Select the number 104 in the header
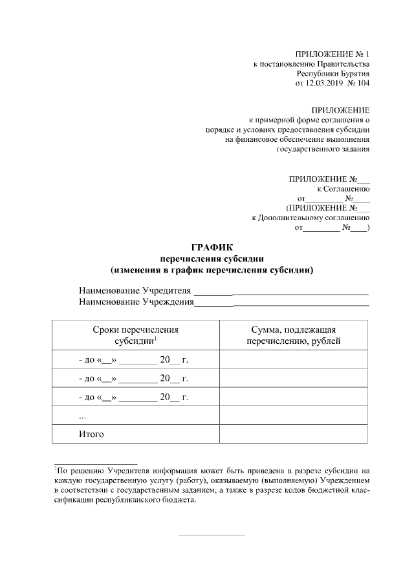click(363, 84)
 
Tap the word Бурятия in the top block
click(354, 74)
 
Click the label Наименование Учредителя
click(135, 289)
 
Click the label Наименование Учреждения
click(136, 301)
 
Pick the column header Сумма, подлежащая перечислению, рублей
click(294, 335)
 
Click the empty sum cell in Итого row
click(294, 434)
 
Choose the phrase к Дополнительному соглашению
click(310, 218)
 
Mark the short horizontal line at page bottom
click(211, 535)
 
